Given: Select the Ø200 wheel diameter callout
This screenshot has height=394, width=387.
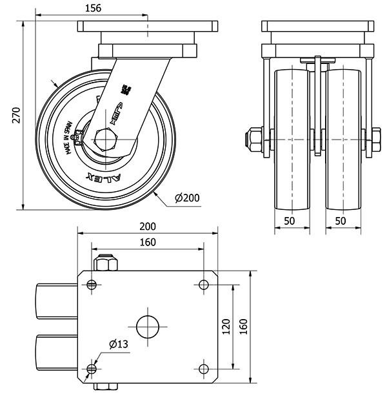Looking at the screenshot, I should [x=187, y=198].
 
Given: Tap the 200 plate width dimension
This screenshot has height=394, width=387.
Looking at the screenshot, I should [x=148, y=227].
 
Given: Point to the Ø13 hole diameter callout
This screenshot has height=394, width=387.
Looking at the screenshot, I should [x=117, y=344].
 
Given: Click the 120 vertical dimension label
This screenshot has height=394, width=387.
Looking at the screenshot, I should [x=226, y=327].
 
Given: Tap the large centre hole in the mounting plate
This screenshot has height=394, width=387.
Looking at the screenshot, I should [x=148, y=326].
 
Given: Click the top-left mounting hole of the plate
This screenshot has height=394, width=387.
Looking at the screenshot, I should [x=92, y=285].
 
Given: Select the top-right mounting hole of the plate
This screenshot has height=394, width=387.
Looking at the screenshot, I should [x=204, y=285].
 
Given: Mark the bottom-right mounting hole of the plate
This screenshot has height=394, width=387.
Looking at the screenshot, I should [x=204, y=369].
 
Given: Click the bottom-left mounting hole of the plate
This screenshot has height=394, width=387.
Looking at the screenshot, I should [x=92, y=369].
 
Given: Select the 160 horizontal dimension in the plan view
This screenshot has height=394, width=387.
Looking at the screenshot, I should [x=148, y=243].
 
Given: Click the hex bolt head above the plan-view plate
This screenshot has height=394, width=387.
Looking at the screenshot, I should [x=105, y=264].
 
